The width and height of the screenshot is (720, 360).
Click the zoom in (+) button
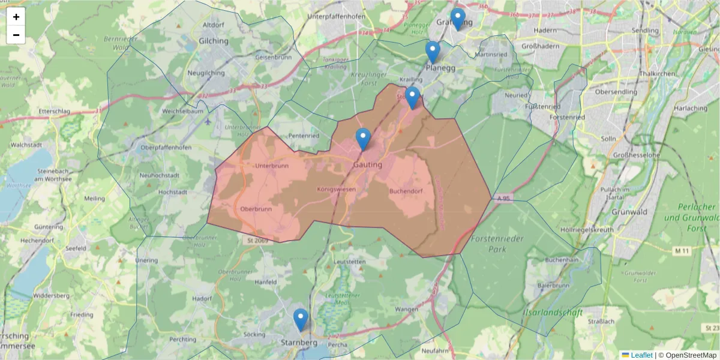click(16, 17)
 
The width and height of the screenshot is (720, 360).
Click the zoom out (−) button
click(16, 35)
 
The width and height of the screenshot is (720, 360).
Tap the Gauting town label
click(368, 164)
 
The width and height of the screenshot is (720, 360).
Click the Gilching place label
click(214, 41)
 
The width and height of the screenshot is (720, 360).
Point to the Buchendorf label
click(407, 191)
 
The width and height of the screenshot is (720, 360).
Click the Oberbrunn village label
click(256, 209)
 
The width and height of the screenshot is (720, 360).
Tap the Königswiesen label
click(336, 189)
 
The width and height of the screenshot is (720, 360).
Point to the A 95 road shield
click(503, 198)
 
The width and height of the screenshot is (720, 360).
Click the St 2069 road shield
click(256, 241)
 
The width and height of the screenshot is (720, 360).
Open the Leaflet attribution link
click(641, 355)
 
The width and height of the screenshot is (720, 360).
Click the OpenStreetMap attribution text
click(688, 355)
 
